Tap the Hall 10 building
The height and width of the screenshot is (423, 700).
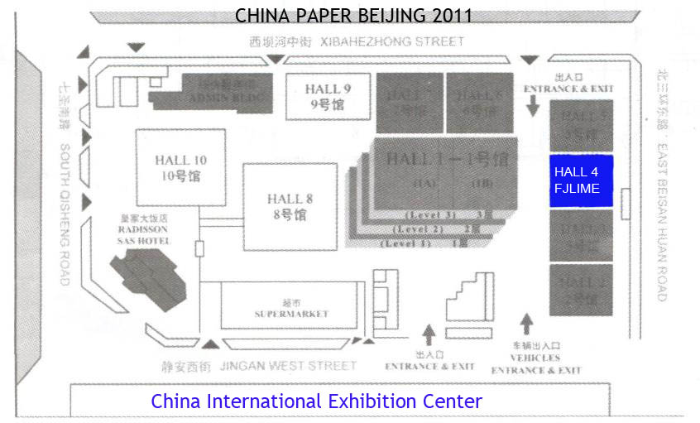coord(180,168)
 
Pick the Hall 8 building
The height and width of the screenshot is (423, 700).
coord(290,206)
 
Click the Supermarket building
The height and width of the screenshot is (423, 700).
coord(291,307)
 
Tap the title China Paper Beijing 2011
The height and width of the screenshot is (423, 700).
coord(353,15)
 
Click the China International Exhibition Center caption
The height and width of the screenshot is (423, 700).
coord(316,402)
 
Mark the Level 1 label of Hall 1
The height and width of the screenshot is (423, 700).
coord(405,243)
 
